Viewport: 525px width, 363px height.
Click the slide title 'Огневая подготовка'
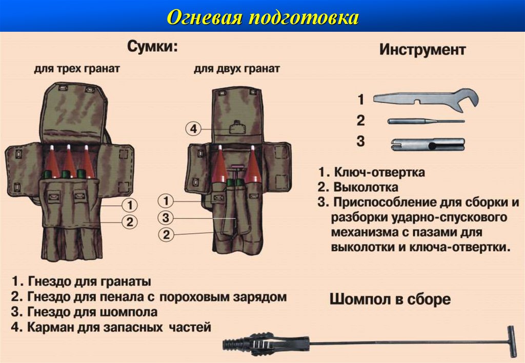tap(262, 17)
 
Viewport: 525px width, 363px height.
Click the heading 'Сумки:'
tap(152, 47)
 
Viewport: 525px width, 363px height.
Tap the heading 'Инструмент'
tap(422, 50)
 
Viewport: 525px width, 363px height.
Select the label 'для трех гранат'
tap(77, 69)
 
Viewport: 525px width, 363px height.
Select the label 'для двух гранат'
tap(237, 69)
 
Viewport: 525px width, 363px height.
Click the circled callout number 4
tap(193, 129)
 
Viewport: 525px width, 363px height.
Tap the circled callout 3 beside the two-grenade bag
tap(166, 218)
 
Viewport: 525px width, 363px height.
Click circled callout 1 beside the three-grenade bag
tap(130, 205)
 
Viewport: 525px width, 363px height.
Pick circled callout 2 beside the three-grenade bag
tap(130, 221)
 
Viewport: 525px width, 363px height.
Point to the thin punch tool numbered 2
tap(426, 121)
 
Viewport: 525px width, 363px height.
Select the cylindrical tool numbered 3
tap(428, 145)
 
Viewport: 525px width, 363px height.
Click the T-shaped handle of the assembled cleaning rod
tap(512, 341)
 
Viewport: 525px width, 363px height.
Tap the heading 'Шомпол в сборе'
tap(390, 299)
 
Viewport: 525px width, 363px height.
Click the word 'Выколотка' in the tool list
tap(366, 187)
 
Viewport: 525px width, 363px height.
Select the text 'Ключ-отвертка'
tap(380, 172)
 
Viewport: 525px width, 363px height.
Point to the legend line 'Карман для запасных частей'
tap(119, 327)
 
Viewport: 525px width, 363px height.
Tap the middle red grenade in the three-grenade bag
tap(69, 162)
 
